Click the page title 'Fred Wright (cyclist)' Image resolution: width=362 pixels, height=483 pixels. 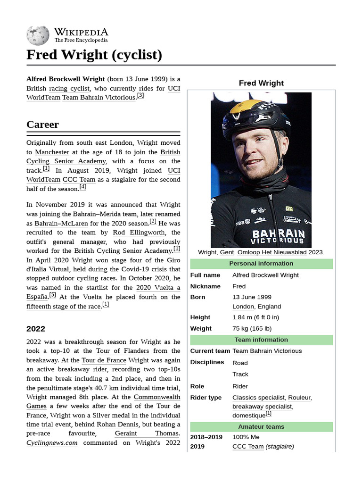pyautogui.click(x=94, y=55)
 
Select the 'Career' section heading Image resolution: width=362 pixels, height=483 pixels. pyautogui.click(x=43, y=125)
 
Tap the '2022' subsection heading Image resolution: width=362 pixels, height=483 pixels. pyautogui.click(x=36, y=329)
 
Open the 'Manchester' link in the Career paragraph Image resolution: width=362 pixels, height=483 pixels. pyautogui.click(x=52, y=152)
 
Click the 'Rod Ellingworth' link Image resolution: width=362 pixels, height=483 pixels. pyautogui.click(x=139, y=233)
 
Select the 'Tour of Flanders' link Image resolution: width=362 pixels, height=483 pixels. pyautogui.click(x=123, y=351)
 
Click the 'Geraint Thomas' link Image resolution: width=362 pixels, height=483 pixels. pyautogui.click(x=147, y=433)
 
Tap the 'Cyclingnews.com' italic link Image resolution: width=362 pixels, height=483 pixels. pyautogui.click(x=52, y=443)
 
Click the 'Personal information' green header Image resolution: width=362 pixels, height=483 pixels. pyautogui.click(x=261, y=264)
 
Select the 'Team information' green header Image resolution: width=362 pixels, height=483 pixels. pyautogui.click(x=261, y=340)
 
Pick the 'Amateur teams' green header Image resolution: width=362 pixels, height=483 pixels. pyautogui.click(x=261, y=426)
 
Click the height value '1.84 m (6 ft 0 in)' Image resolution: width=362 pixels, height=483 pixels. pyautogui.click(x=255, y=317)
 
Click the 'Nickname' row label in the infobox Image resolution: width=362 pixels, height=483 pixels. pyautogui.click(x=205, y=286)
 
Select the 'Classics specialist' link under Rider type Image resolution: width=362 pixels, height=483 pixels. pyautogui.click(x=258, y=398)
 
